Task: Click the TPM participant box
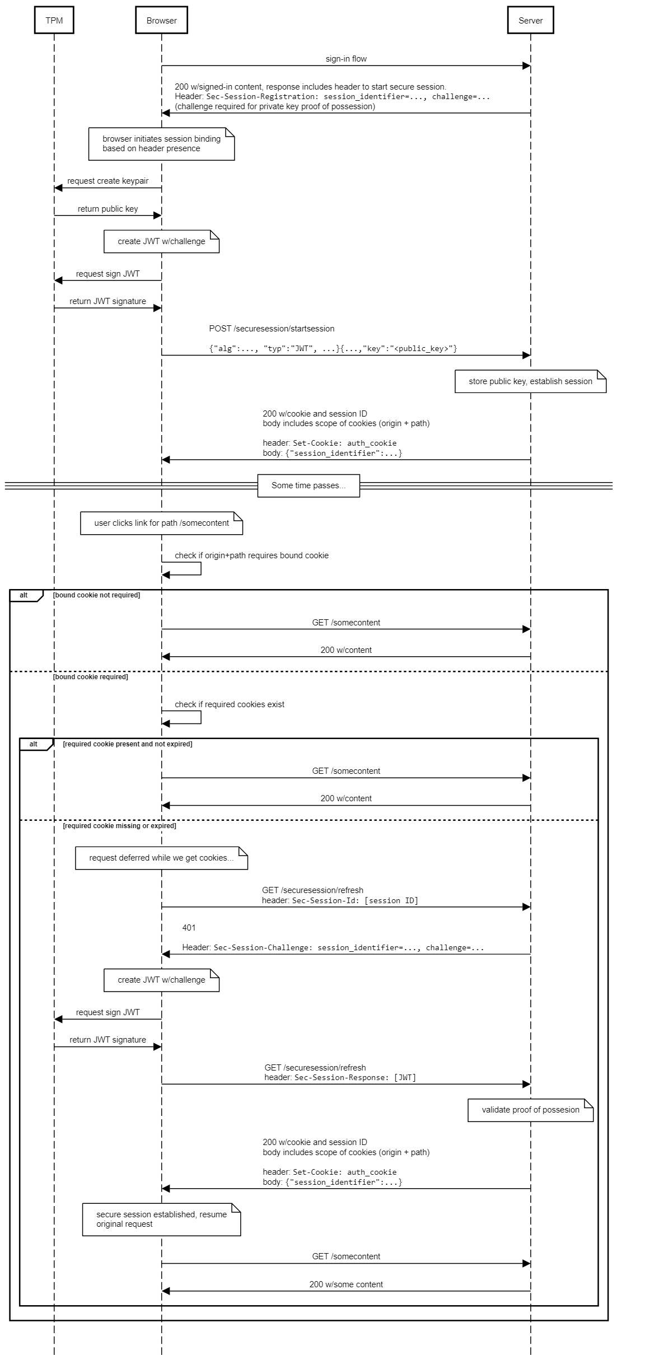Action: [x=54, y=20]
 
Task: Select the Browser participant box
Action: [x=161, y=20]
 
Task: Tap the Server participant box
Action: [x=530, y=20]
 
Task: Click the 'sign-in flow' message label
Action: [x=346, y=59]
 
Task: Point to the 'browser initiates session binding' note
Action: [x=161, y=144]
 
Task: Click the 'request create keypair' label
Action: [x=108, y=181]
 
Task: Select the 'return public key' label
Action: [x=107, y=209]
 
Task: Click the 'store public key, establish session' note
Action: [x=530, y=381]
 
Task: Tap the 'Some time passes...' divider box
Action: [x=309, y=485]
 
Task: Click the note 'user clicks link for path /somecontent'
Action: [x=161, y=523]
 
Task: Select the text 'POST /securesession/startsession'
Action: [x=272, y=329]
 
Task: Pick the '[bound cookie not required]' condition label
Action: [x=96, y=595]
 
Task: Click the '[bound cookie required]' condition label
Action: [x=90, y=677]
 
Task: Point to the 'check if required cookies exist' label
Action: [x=230, y=704]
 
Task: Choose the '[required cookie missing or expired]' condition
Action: [x=119, y=826]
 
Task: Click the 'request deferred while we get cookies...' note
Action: [x=161, y=858]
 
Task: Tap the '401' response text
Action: [x=189, y=928]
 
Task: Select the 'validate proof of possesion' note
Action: [x=530, y=1110]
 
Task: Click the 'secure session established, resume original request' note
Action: [x=161, y=1219]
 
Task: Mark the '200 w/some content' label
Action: [x=346, y=1284]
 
